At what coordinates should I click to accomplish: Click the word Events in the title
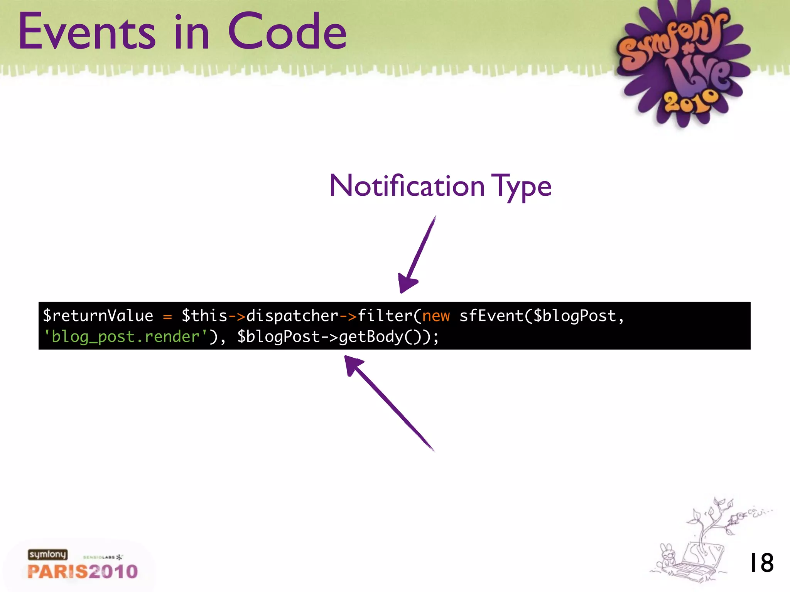pyautogui.click(x=87, y=32)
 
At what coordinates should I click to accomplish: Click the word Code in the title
pyautogui.click(x=287, y=32)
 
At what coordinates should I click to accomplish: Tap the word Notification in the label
pyautogui.click(x=407, y=186)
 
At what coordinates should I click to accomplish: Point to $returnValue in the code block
pyautogui.click(x=98, y=316)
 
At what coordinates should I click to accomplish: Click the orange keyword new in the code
pyautogui.click(x=436, y=316)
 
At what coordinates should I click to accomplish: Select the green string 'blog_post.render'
pyautogui.click(x=125, y=337)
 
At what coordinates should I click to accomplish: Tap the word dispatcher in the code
pyautogui.click(x=292, y=316)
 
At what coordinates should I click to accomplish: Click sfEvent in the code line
pyautogui.click(x=491, y=316)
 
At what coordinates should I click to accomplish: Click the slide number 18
pyautogui.click(x=761, y=563)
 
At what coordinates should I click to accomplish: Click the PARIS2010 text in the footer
pyautogui.click(x=83, y=572)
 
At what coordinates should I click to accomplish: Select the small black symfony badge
pyautogui.click(x=47, y=555)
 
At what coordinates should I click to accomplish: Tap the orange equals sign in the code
pyautogui.click(x=167, y=317)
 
